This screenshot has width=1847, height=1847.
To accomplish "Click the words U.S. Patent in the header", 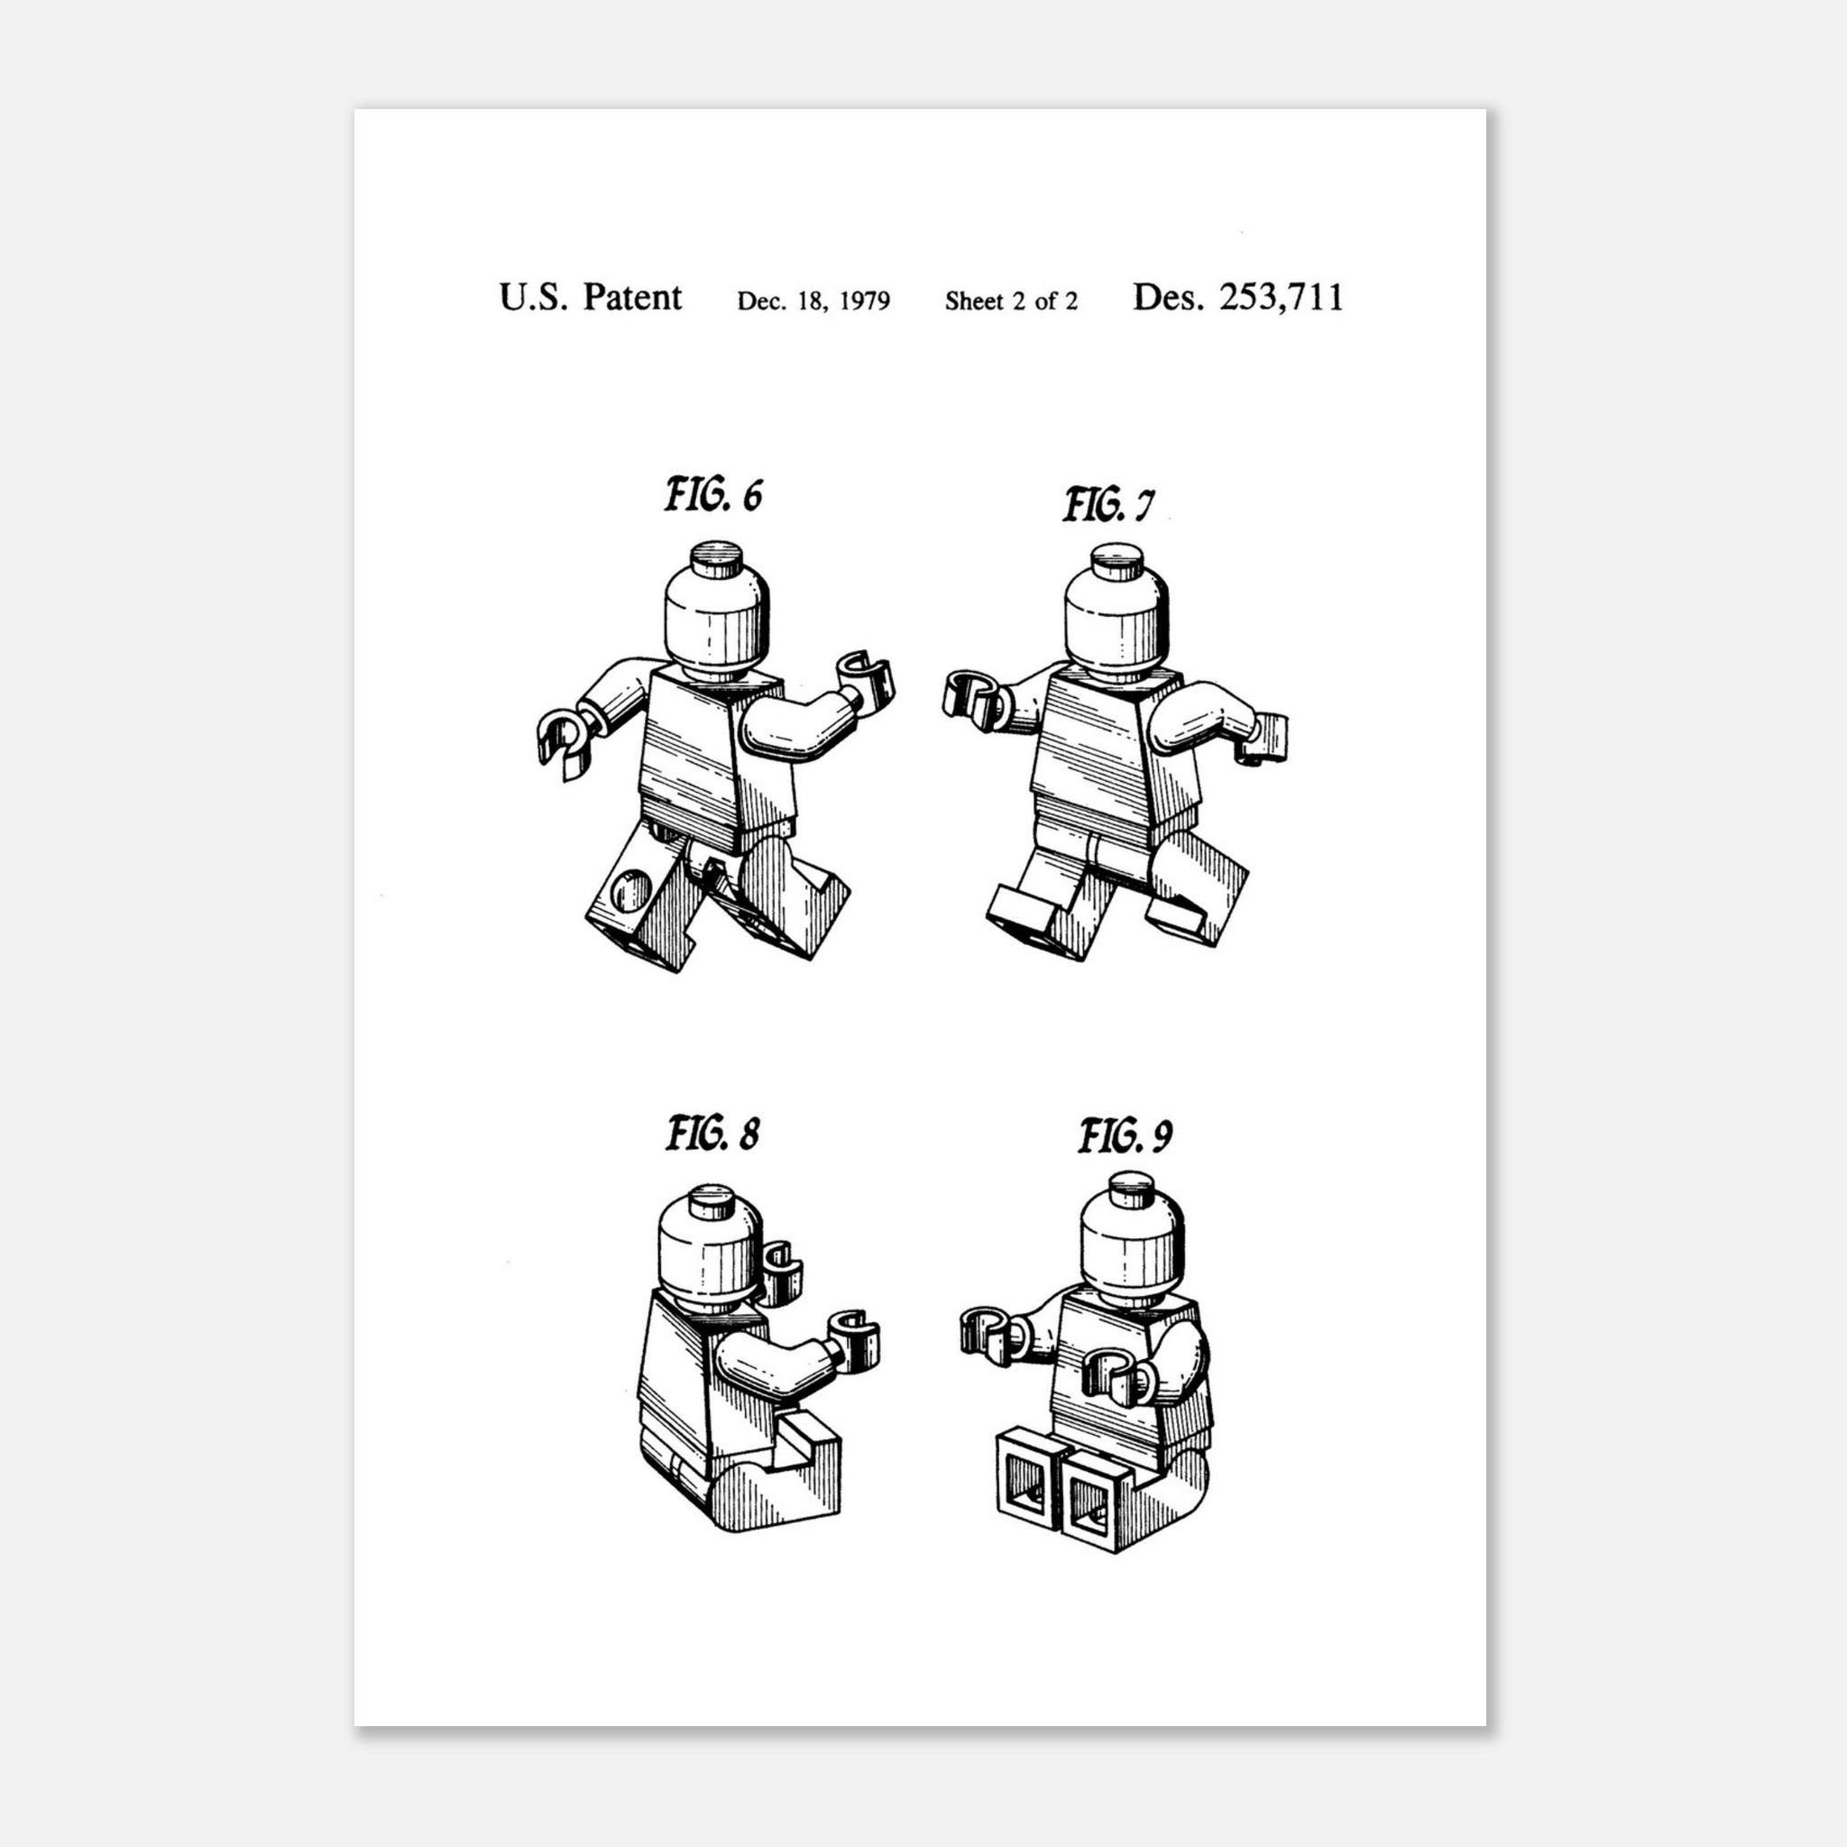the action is tap(590, 298).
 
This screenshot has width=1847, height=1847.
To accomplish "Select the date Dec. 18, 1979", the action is tap(813, 301).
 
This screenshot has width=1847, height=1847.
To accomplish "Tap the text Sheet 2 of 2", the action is tap(1012, 301).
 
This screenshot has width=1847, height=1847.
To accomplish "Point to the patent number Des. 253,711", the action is tap(1238, 298).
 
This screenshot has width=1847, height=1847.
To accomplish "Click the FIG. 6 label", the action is tap(714, 496).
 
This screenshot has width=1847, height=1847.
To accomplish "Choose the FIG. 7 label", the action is tap(1109, 505).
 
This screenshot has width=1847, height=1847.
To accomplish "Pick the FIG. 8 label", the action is tap(713, 1135).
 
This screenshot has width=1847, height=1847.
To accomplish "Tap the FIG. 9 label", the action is tap(1126, 1136).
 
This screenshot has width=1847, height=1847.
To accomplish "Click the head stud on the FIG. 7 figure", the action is tap(1116, 559).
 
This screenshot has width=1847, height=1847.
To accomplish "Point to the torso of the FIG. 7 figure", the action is tap(1116, 755).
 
